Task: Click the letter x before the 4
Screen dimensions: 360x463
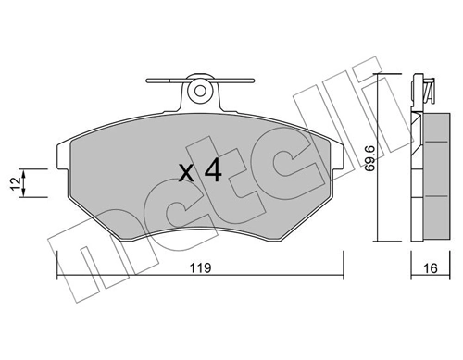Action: coord(186,172)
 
